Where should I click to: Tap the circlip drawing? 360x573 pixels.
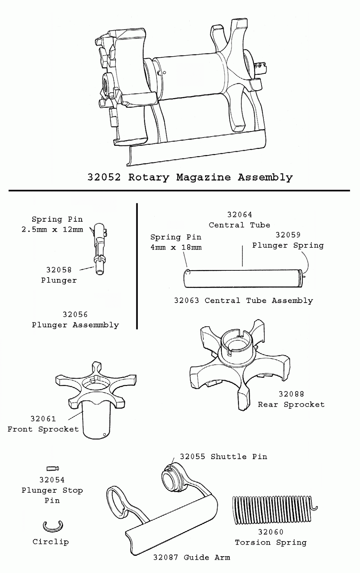53,526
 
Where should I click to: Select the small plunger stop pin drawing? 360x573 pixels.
53,468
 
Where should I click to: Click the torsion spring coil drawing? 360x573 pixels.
272,510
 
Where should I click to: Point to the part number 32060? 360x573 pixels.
271,532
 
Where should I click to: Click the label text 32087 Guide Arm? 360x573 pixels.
191,558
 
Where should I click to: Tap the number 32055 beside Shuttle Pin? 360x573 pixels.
193,457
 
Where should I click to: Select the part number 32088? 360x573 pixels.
291,394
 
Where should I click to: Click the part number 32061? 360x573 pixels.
43,419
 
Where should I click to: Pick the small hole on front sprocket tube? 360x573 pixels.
104,434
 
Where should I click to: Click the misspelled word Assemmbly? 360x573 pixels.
96,325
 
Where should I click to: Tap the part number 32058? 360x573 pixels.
59,270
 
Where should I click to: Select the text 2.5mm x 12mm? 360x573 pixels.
52,230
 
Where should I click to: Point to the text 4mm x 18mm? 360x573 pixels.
176,247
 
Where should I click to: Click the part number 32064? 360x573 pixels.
239,215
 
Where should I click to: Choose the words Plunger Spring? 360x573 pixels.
288,246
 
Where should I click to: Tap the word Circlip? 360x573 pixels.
50,542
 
